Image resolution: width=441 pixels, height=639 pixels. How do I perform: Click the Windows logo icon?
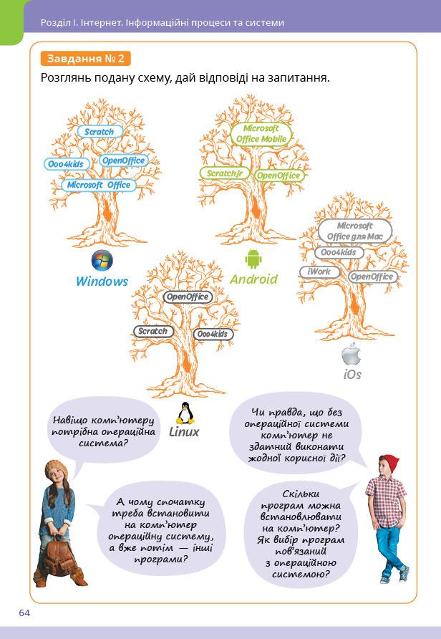102,261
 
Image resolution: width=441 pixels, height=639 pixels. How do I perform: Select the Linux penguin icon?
185,414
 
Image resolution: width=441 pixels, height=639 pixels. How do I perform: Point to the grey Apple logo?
350,355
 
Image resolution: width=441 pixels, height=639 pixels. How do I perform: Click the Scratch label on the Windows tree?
99,132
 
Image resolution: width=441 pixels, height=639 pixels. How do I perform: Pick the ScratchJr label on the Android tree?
223,174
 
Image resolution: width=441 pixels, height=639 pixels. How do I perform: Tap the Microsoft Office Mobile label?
261,133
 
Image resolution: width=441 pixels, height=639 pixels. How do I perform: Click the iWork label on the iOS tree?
319,272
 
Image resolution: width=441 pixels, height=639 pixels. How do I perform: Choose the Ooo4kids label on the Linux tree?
213,335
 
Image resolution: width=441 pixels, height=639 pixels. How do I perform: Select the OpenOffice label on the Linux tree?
188,297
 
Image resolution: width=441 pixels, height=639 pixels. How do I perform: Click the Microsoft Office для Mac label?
355,231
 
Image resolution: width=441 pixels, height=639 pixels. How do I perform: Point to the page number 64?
25,612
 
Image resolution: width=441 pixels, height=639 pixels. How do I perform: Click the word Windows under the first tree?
102,282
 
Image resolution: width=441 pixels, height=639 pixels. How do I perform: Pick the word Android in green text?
253,279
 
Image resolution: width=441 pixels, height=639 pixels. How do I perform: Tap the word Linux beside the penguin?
184,433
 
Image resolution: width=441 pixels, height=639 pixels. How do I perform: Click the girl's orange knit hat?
55,469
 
